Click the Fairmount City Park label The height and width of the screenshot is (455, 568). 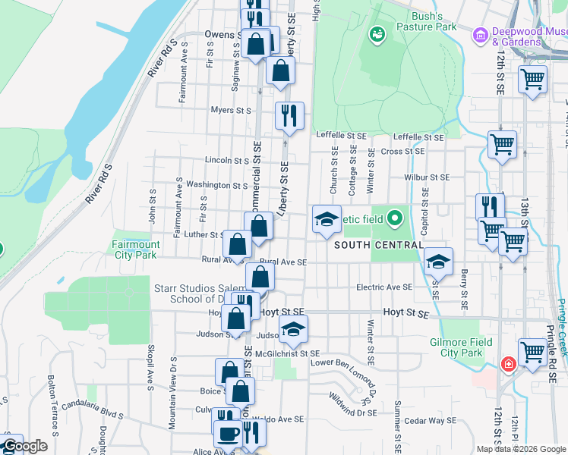[136, 249]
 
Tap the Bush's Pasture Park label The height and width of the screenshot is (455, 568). [433, 20]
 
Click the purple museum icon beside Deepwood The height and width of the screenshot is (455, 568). [479, 35]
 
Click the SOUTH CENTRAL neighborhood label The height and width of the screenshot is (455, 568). [378, 245]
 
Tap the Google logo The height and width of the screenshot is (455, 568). [25, 446]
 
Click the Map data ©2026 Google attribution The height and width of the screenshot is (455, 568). [521, 449]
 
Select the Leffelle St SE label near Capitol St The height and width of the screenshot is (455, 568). [418, 137]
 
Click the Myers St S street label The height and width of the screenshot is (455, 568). [231, 110]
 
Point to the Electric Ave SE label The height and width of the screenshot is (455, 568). [384, 287]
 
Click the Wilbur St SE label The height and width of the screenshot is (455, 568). [429, 177]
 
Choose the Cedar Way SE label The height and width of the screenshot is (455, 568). [431, 420]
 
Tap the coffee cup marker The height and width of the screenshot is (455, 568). [227, 435]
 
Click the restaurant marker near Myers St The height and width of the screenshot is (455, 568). [289, 116]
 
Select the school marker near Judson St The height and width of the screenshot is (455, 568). [293, 330]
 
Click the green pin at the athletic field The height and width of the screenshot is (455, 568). [393, 220]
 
